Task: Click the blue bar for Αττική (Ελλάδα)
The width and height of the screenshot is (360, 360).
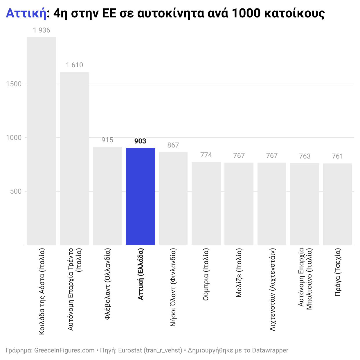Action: pos(140,196)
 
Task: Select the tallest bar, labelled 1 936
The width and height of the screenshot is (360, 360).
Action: pos(42,141)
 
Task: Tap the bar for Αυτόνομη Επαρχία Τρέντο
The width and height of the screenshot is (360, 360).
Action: pos(74,159)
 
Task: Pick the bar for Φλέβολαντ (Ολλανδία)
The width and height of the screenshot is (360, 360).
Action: pos(107,196)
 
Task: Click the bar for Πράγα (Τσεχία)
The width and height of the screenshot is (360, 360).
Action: pos(338,204)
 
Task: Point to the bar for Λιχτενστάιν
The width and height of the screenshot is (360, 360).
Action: pos(272,204)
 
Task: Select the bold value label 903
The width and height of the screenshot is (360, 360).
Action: pos(140,141)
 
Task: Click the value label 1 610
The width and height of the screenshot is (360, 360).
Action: pos(74,65)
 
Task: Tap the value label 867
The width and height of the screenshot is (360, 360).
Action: pos(173,145)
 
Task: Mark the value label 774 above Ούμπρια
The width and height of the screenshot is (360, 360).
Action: pos(206,155)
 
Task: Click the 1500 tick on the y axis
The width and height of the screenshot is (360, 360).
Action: pos(14,84)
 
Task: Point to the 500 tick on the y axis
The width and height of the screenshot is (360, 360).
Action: pos(16,191)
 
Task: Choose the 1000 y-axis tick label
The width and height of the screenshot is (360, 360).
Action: pos(14,138)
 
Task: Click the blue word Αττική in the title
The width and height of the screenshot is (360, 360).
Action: pos(26,13)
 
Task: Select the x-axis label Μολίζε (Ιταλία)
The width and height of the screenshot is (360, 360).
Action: pos(239,273)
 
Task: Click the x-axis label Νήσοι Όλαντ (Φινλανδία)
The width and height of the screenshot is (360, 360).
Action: pos(173,287)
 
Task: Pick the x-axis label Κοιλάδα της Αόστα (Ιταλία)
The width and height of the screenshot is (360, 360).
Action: pos(42,291)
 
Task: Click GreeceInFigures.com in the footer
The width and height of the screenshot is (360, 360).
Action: pos(64,350)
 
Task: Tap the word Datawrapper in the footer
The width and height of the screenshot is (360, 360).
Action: pos(270,350)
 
